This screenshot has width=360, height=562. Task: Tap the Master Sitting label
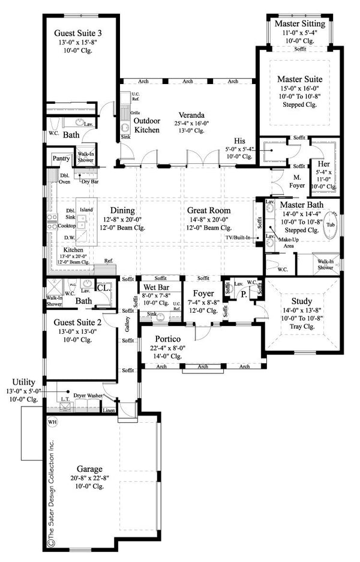(x=300, y=23)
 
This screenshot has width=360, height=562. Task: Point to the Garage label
(x=88, y=469)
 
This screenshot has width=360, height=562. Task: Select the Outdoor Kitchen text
(x=146, y=125)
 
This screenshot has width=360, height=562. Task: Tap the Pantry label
(x=61, y=159)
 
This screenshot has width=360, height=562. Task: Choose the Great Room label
(x=209, y=210)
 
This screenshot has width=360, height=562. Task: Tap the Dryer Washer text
(x=88, y=396)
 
